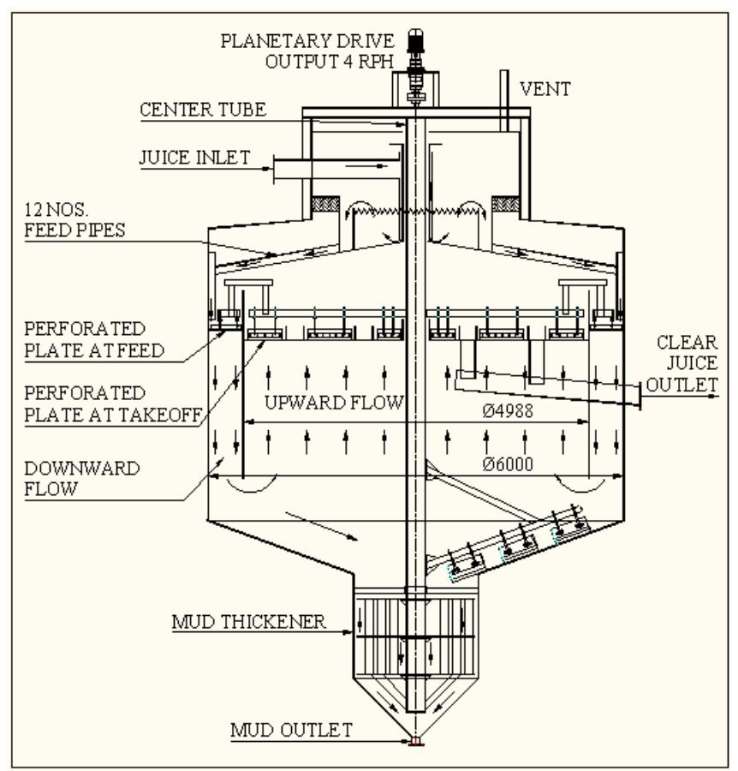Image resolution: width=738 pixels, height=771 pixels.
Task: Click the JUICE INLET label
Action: click(x=195, y=158)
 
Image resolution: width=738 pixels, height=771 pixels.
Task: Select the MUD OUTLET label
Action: click(x=291, y=730)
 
